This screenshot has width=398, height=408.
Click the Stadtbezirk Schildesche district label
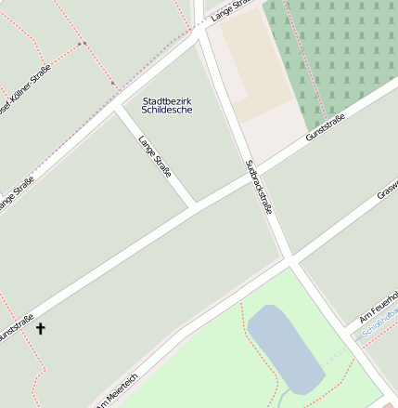pos(168,104)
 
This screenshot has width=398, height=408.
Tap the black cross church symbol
pos(40,328)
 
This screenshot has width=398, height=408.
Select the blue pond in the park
pos(285,348)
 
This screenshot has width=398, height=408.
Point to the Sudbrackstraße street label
pos(258,187)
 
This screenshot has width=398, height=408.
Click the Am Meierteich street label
pos(116,389)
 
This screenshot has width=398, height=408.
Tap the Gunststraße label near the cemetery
pos(326,127)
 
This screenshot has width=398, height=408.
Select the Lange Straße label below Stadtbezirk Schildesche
pos(154,156)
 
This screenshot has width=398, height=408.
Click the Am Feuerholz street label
pos(379,305)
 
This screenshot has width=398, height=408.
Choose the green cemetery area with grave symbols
pos(334,56)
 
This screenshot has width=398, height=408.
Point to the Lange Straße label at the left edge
pos(17,191)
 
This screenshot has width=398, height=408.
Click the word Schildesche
pos(168,109)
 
